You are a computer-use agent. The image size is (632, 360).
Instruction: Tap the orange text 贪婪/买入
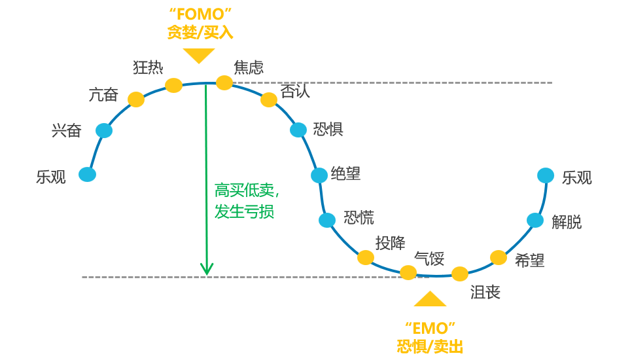200,32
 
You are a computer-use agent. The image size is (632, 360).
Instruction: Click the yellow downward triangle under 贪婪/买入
199,55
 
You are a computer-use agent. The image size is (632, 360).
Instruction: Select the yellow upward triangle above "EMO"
430,299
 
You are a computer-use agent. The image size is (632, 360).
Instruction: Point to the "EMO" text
430,328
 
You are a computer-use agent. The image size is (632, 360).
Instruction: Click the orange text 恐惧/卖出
430,346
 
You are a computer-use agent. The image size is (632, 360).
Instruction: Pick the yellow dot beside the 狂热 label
173,85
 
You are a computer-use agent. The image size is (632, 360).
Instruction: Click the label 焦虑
249,67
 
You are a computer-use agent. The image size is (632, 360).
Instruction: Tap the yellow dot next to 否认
269,99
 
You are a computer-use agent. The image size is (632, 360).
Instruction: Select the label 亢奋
103,94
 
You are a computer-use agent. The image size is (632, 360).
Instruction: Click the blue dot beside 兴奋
104,130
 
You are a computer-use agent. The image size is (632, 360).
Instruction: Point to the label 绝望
345,173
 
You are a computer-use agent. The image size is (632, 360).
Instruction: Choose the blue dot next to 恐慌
327,220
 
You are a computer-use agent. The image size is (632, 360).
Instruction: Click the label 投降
391,243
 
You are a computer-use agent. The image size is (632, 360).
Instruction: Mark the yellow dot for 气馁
408,272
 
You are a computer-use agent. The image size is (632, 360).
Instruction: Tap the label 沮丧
485,292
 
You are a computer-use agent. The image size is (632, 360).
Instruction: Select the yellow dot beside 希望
499,257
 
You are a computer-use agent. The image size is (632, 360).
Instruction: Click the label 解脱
567,222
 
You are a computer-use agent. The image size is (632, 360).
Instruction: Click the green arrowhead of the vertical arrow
207,268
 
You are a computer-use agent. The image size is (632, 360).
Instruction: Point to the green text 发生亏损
244,211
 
